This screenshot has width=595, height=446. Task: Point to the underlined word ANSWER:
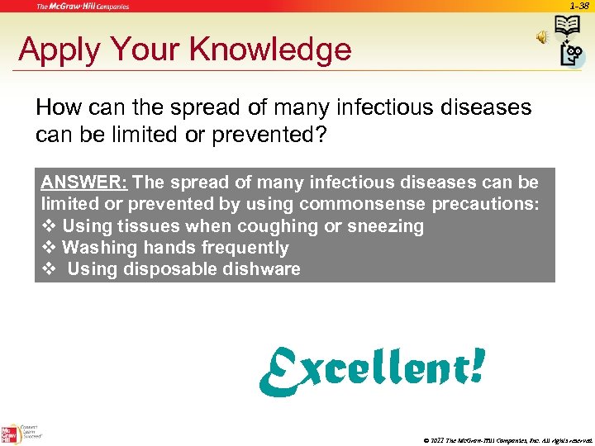tap(83, 182)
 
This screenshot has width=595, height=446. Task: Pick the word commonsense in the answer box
tap(363, 204)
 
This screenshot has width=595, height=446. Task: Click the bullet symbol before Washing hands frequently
tap(48, 248)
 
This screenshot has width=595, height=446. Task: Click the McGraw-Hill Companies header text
tap(83, 7)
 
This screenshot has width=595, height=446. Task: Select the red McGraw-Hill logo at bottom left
tap(11, 433)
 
